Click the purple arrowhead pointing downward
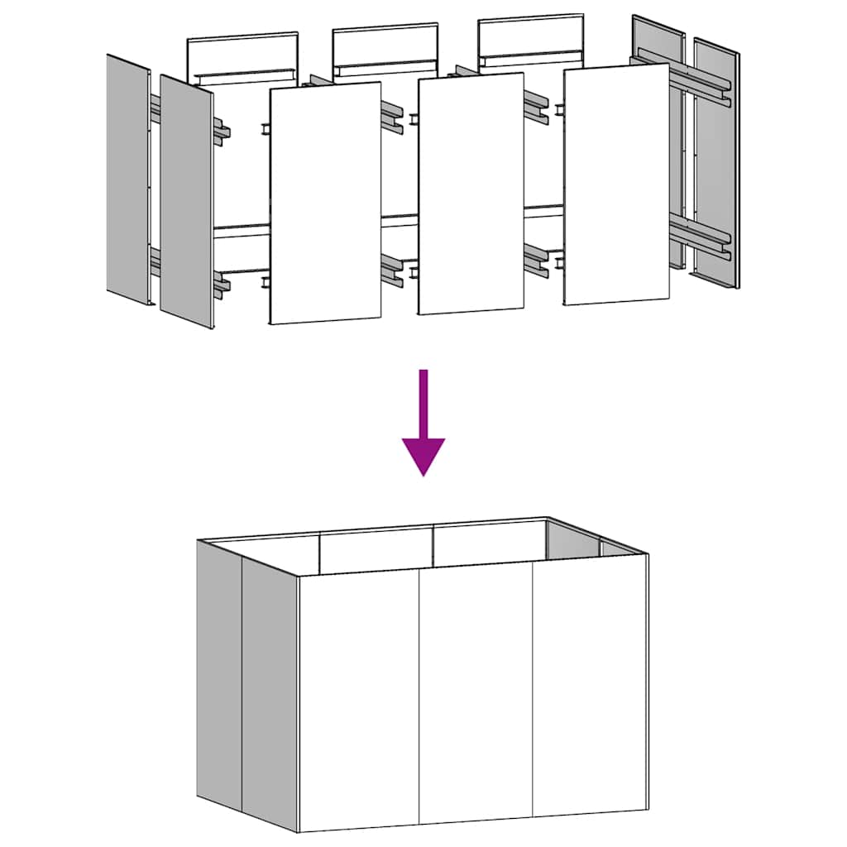(x=423, y=455)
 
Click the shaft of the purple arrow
(x=423, y=402)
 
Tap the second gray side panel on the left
(x=186, y=203)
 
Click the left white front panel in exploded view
(x=326, y=203)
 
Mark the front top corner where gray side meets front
(x=299, y=576)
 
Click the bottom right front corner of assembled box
(x=647, y=810)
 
